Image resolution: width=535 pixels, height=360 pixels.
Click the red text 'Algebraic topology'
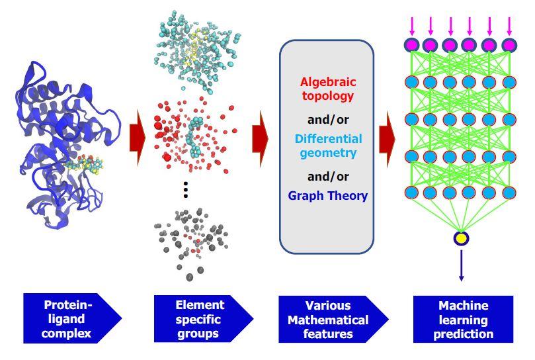[x=328, y=90]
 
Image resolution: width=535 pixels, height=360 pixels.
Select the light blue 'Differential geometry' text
[x=328, y=146]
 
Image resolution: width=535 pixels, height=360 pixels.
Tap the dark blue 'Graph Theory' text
[x=328, y=196]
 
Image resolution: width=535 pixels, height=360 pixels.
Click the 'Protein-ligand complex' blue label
[x=69, y=320]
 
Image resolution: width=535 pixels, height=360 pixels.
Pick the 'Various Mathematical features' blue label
[x=329, y=320]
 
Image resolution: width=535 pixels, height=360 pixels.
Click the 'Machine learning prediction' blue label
[x=463, y=320]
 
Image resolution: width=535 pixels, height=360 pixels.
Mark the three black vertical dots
[x=186, y=191]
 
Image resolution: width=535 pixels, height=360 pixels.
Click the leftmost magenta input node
[x=411, y=45]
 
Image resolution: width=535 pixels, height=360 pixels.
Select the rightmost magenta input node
[x=509, y=45]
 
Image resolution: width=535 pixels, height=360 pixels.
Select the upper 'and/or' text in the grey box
[x=328, y=120]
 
